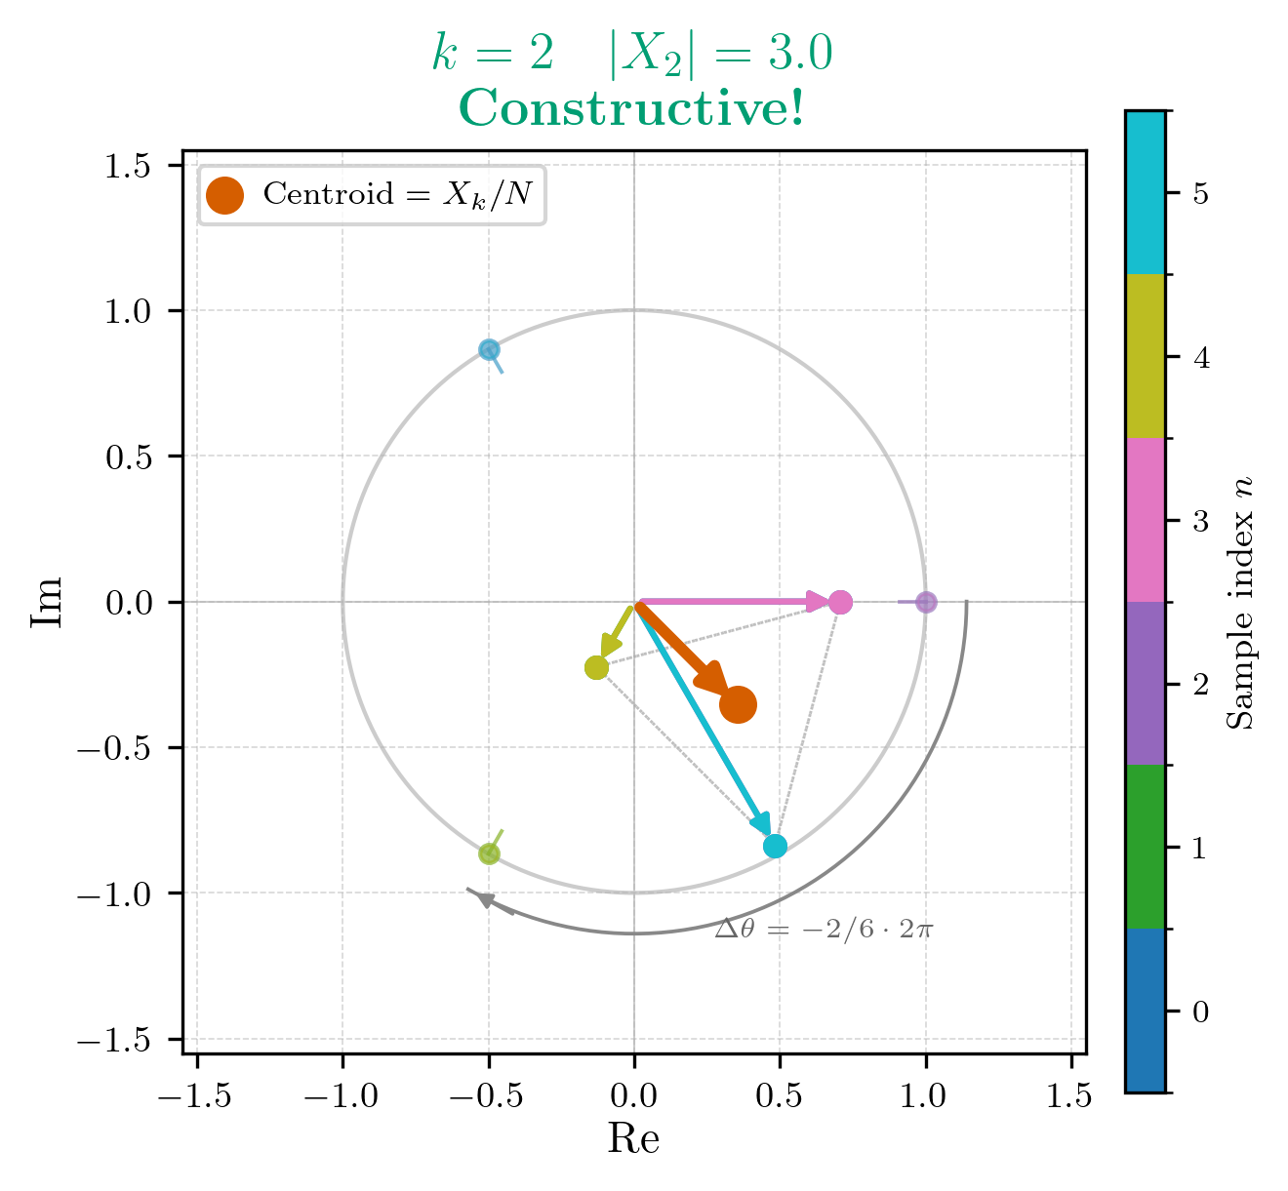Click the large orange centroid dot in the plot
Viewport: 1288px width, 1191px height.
coord(738,704)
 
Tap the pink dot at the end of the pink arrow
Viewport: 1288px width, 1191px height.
coord(840,602)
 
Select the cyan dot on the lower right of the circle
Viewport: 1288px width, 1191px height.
coord(775,846)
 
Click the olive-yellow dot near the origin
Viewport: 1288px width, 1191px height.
coord(596,667)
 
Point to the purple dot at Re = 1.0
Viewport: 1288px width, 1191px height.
coord(926,602)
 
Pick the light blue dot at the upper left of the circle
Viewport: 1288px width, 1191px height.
coord(489,349)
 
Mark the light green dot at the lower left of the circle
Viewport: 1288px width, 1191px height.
coord(489,854)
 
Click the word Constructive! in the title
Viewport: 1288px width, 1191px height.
coord(632,108)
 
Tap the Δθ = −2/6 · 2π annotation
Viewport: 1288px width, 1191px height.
coord(825,929)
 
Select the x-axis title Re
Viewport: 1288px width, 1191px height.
coord(633,1138)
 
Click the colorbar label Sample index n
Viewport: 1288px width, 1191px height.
coord(1239,602)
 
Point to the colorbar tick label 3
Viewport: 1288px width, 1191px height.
coord(1200,521)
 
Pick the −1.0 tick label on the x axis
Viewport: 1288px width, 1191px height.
coord(342,1096)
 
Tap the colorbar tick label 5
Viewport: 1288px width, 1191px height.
coord(1200,193)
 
